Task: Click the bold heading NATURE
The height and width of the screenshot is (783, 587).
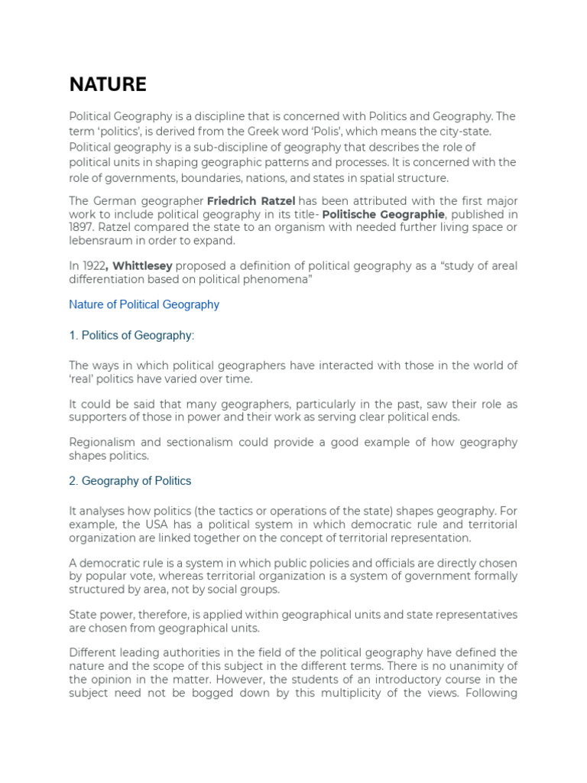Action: click(x=108, y=84)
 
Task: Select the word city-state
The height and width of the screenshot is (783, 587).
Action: click(x=463, y=132)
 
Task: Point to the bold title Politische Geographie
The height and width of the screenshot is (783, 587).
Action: click(x=382, y=215)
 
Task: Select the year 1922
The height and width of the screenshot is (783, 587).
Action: click(x=92, y=266)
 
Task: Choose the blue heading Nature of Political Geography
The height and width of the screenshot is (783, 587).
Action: click(x=144, y=304)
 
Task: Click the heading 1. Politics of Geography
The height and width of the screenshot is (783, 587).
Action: click(x=131, y=335)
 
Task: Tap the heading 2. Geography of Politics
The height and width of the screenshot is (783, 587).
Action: click(x=130, y=481)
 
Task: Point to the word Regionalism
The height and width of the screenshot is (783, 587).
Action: click(x=102, y=442)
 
